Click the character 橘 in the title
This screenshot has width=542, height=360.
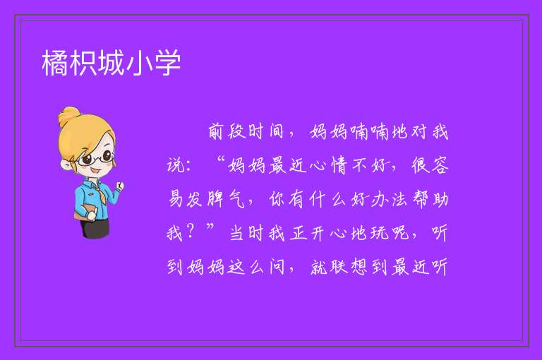pyautogui.click(x=56, y=63)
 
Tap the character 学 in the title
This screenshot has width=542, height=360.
pyautogui.click(x=168, y=63)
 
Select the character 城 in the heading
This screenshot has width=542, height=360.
pyautogui.click(x=112, y=63)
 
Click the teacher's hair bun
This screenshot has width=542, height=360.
pyautogui.click(x=69, y=116)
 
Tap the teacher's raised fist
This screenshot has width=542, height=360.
pyautogui.click(x=119, y=186)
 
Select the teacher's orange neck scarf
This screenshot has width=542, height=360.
pyautogui.click(x=99, y=191)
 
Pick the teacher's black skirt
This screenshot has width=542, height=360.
pyautogui.click(x=95, y=228)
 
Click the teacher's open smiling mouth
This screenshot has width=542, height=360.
pyautogui.click(x=96, y=172)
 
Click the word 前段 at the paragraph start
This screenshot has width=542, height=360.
pyautogui.click(x=227, y=132)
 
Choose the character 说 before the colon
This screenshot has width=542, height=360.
pyautogui.click(x=176, y=165)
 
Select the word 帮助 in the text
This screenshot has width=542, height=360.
pyautogui.click(x=430, y=199)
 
